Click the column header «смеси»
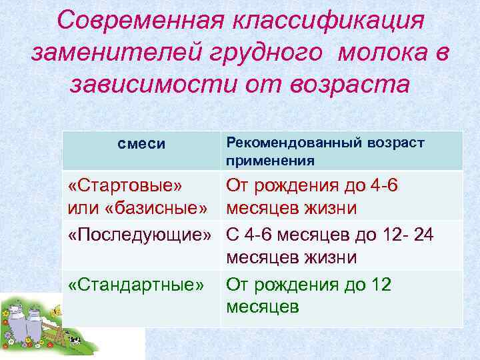coord(141,145)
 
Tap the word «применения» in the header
coord(270,160)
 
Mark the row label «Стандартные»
coord(136,285)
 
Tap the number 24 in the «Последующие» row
coord(421,234)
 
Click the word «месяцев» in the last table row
coord(262,307)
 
